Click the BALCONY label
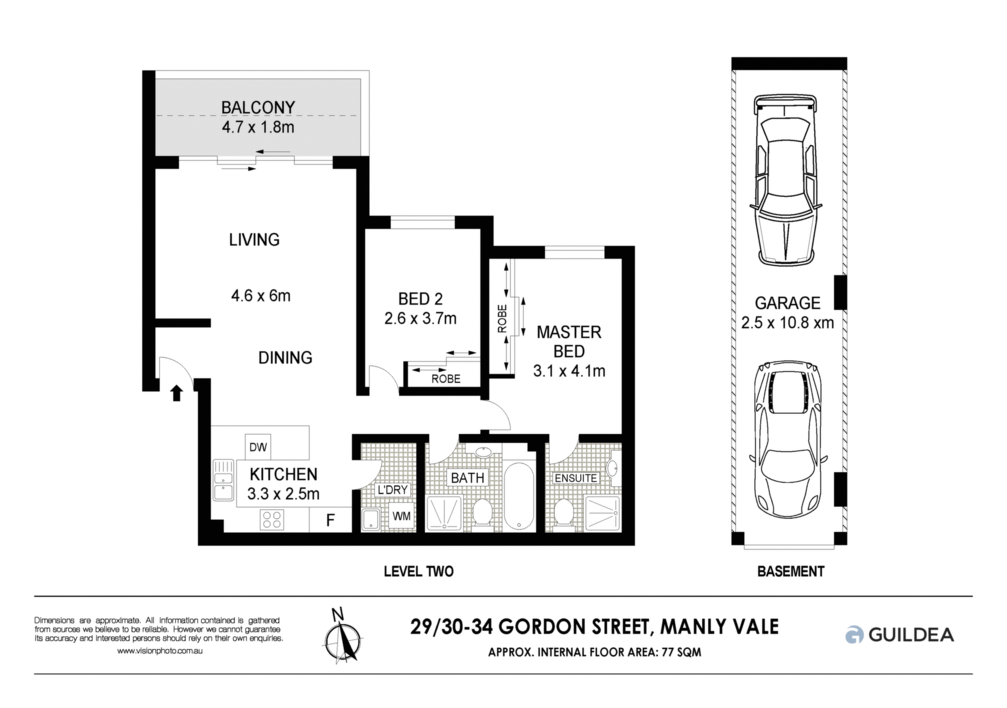pos(258,108)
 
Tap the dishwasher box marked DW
pos(258,447)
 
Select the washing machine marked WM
pos(402,516)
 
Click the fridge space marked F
pos(330,520)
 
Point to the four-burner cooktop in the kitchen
pos(272,520)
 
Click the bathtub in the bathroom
pos(519,496)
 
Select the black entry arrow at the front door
pos(177,393)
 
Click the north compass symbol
pos(342,636)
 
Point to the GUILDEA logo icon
pos(854,635)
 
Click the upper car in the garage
pos(786,179)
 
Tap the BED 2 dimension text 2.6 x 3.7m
pos(421,318)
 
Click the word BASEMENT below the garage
pos(791,571)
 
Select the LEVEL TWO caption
pos(419,571)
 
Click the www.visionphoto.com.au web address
pos(159,651)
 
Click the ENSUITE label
pos(576,478)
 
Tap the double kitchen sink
pos(223,480)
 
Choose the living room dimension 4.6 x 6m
pos(261,296)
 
